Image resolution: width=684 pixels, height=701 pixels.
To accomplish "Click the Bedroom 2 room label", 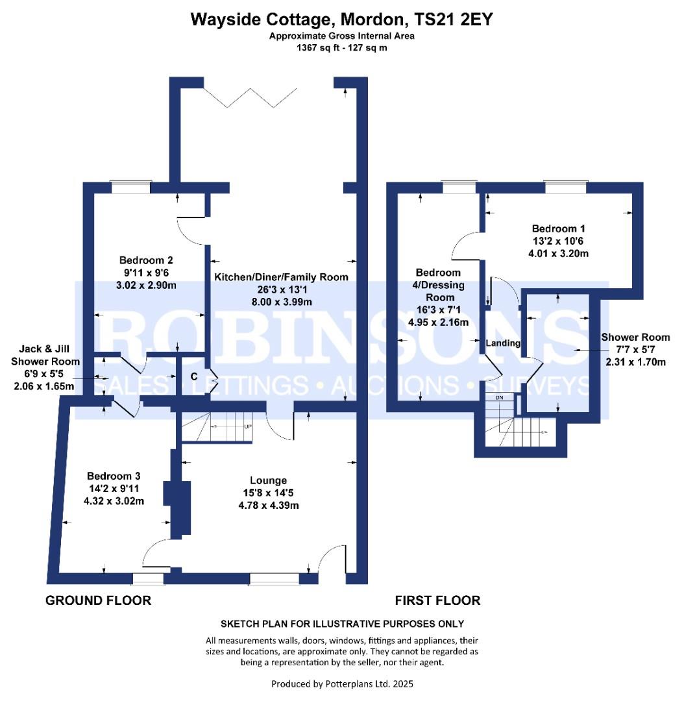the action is click(x=146, y=260).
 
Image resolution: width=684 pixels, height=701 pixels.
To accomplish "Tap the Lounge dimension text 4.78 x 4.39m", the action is click(x=269, y=506).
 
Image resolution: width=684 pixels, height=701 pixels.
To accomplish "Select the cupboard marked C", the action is click(x=194, y=377).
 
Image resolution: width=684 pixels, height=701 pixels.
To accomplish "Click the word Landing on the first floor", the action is click(x=504, y=343).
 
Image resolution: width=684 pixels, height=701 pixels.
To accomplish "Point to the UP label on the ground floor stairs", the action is click(x=248, y=426).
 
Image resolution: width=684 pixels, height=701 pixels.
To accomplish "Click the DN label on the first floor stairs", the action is click(x=499, y=397).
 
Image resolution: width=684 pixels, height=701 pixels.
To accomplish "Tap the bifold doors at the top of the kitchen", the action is click(x=249, y=98).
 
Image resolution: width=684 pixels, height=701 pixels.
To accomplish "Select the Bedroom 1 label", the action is click(x=558, y=228).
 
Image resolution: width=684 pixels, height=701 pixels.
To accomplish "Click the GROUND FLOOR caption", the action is click(x=99, y=600).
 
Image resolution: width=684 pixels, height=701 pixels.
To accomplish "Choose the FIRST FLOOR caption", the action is click(x=437, y=600).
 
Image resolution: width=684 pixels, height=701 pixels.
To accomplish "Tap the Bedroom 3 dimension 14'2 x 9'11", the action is click(x=114, y=489).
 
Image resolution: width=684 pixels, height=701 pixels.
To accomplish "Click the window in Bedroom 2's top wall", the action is click(x=131, y=187).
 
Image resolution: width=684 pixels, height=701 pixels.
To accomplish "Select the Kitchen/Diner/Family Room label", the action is click(x=281, y=277).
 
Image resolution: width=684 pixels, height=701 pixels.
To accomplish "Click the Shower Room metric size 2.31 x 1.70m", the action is click(x=635, y=362).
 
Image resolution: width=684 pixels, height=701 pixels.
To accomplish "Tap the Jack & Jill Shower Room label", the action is click(x=45, y=355).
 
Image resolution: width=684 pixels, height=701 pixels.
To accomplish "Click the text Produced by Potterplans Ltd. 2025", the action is click(x=342, y=684).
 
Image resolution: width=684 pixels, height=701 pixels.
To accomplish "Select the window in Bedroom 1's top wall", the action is click(x=565, y=187).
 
